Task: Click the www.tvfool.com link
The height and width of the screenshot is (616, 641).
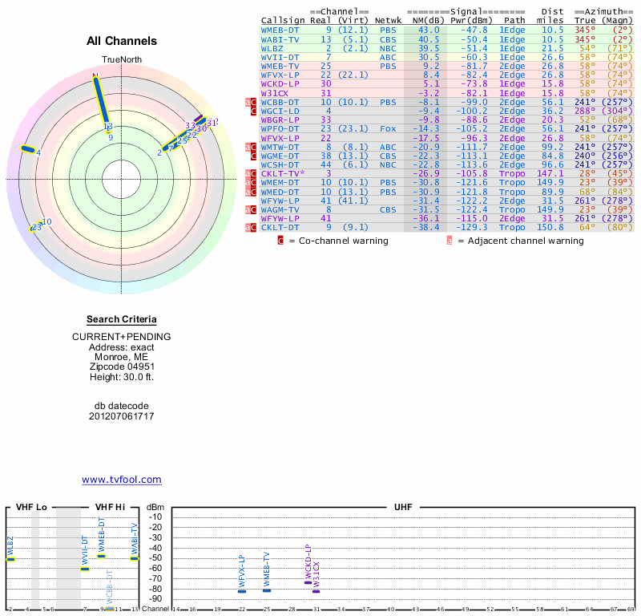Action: [x=121, y=480]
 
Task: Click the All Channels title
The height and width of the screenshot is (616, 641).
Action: [x=121, y=41]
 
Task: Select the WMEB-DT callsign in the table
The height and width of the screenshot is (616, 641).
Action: [x=280, y=30]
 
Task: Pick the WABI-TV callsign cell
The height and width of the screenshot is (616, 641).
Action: [x=280, y=39]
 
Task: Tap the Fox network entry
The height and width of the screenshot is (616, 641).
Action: [x=387, y=128]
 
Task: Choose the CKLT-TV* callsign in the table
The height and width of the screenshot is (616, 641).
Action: [x=282, y=173]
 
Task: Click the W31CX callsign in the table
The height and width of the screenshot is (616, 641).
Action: [x=275, y=93]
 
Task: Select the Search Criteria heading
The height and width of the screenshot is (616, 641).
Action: [x=121, y=319]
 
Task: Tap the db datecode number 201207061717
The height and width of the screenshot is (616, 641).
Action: [x=121, y=416]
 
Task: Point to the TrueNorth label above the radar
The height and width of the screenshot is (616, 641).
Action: [x=121, y=60]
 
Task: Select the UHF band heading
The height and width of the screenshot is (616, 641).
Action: [x=403, y=507]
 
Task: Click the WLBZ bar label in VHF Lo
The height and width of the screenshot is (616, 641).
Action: [x=10, y=547]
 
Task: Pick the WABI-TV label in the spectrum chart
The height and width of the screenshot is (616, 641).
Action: [x=135, y=537]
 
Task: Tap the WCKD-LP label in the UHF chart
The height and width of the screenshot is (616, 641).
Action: [x=308, y=561]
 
